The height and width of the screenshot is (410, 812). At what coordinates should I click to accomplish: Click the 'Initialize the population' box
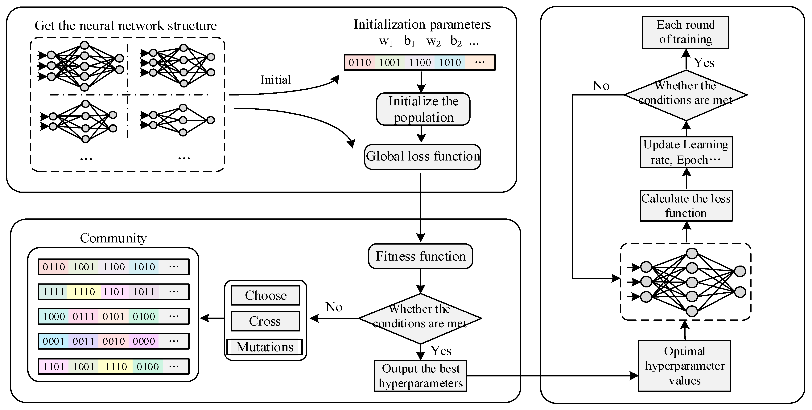pyautogui.click(x=423, y=109)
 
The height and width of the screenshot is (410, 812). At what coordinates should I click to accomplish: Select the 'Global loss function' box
pyautogui.click(x=422, y=156)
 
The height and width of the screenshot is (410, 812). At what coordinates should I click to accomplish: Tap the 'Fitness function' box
pyautogui.click(x=421, y=256)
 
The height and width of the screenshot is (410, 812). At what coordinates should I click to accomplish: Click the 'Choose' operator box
pyautogui.click(x=265, y=295)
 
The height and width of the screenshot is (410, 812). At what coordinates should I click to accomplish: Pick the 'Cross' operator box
pyautogui.click(x=265, y=321)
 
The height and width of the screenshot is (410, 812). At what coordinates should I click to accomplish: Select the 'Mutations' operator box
pyautogui.click(x=265, y=347)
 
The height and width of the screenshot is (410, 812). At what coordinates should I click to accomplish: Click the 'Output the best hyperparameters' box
pyautogui.click(x=421, y=376)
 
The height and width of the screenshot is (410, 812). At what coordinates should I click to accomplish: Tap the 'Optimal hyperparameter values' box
pyautogui.click(x=684, y=366)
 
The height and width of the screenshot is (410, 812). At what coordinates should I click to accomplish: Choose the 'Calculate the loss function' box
pyautogui.click(x=686, y=206)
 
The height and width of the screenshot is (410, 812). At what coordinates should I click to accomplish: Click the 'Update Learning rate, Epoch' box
pyautogui.click(x=686, y=152)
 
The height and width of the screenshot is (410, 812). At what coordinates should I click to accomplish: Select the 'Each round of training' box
pyautogui.click(x=686, y=32)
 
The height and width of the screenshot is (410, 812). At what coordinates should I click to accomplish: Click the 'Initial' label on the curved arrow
pyautogui.click(x=275, y=80)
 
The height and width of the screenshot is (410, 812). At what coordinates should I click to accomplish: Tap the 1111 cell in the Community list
pyautogui.click(x=54, y=292)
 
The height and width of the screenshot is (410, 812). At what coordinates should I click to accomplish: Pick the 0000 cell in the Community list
pyautogui.click(x=144, y=341)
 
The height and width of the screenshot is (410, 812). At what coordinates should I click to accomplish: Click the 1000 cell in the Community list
pyautogui.click(x=54, y=316)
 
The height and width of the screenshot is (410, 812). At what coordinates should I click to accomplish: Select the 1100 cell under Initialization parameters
pyautogui.click(x=420, y=62)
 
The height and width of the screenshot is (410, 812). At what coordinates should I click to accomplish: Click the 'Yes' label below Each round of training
pyautogui.click(x=704, y=63)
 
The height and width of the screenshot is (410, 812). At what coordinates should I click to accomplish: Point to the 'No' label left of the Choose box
pyautogui.click(x=334, y=307)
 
